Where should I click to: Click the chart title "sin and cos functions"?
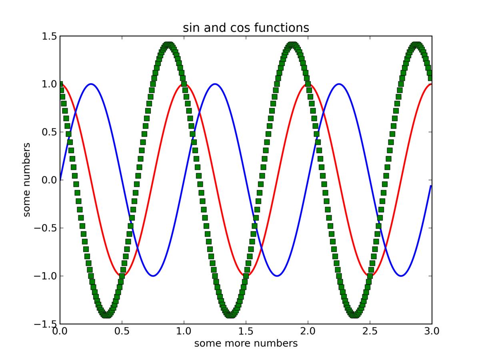246,28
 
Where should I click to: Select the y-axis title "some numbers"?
27,180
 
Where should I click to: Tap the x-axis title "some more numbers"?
246,344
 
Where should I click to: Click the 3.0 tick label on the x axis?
432,332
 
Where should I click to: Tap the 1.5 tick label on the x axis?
246,332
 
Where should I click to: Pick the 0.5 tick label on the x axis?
122,332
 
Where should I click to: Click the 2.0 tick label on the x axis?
308,332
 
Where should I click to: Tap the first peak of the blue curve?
91,84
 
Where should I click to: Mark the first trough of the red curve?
122,276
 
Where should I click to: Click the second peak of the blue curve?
215,84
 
